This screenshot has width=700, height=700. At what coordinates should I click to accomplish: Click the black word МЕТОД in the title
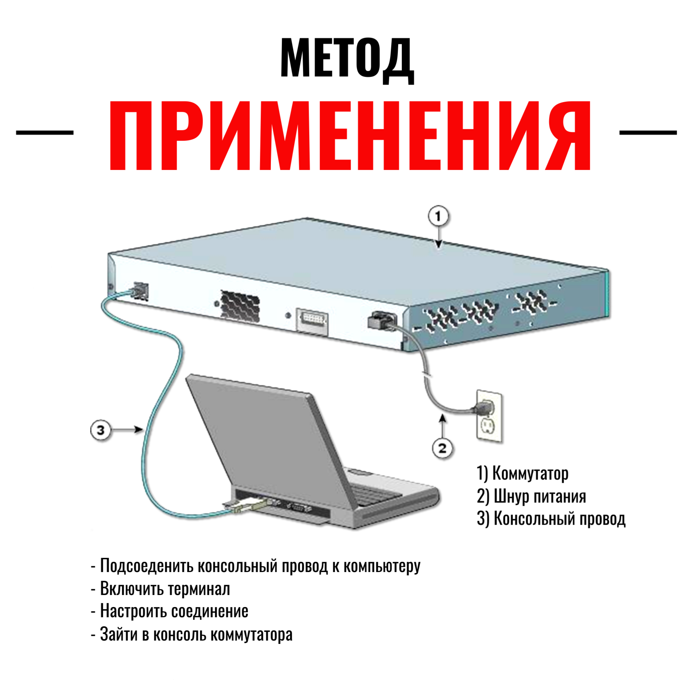[347, 58]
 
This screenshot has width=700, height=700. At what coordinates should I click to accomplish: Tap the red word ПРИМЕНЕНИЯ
[350, 136]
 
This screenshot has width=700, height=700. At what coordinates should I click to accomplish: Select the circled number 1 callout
[438, 217]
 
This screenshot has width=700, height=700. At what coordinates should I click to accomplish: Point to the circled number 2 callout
[442, 448]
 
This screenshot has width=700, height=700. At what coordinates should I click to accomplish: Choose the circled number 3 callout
[101, 430]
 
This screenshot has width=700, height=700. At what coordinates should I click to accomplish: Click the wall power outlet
[489, 416]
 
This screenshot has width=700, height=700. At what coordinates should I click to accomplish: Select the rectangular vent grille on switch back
[240, 306]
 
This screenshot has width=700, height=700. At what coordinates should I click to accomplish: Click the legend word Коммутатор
[530, 474]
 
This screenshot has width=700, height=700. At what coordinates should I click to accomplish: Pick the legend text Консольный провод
[559, 519]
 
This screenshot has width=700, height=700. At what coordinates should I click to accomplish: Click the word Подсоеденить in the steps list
[146, 566]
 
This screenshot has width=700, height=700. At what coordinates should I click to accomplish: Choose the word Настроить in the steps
[133, 611]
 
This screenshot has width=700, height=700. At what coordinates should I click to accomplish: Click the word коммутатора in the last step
[252, 635]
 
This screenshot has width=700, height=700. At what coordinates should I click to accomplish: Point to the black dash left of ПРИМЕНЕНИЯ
[45, 133]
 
